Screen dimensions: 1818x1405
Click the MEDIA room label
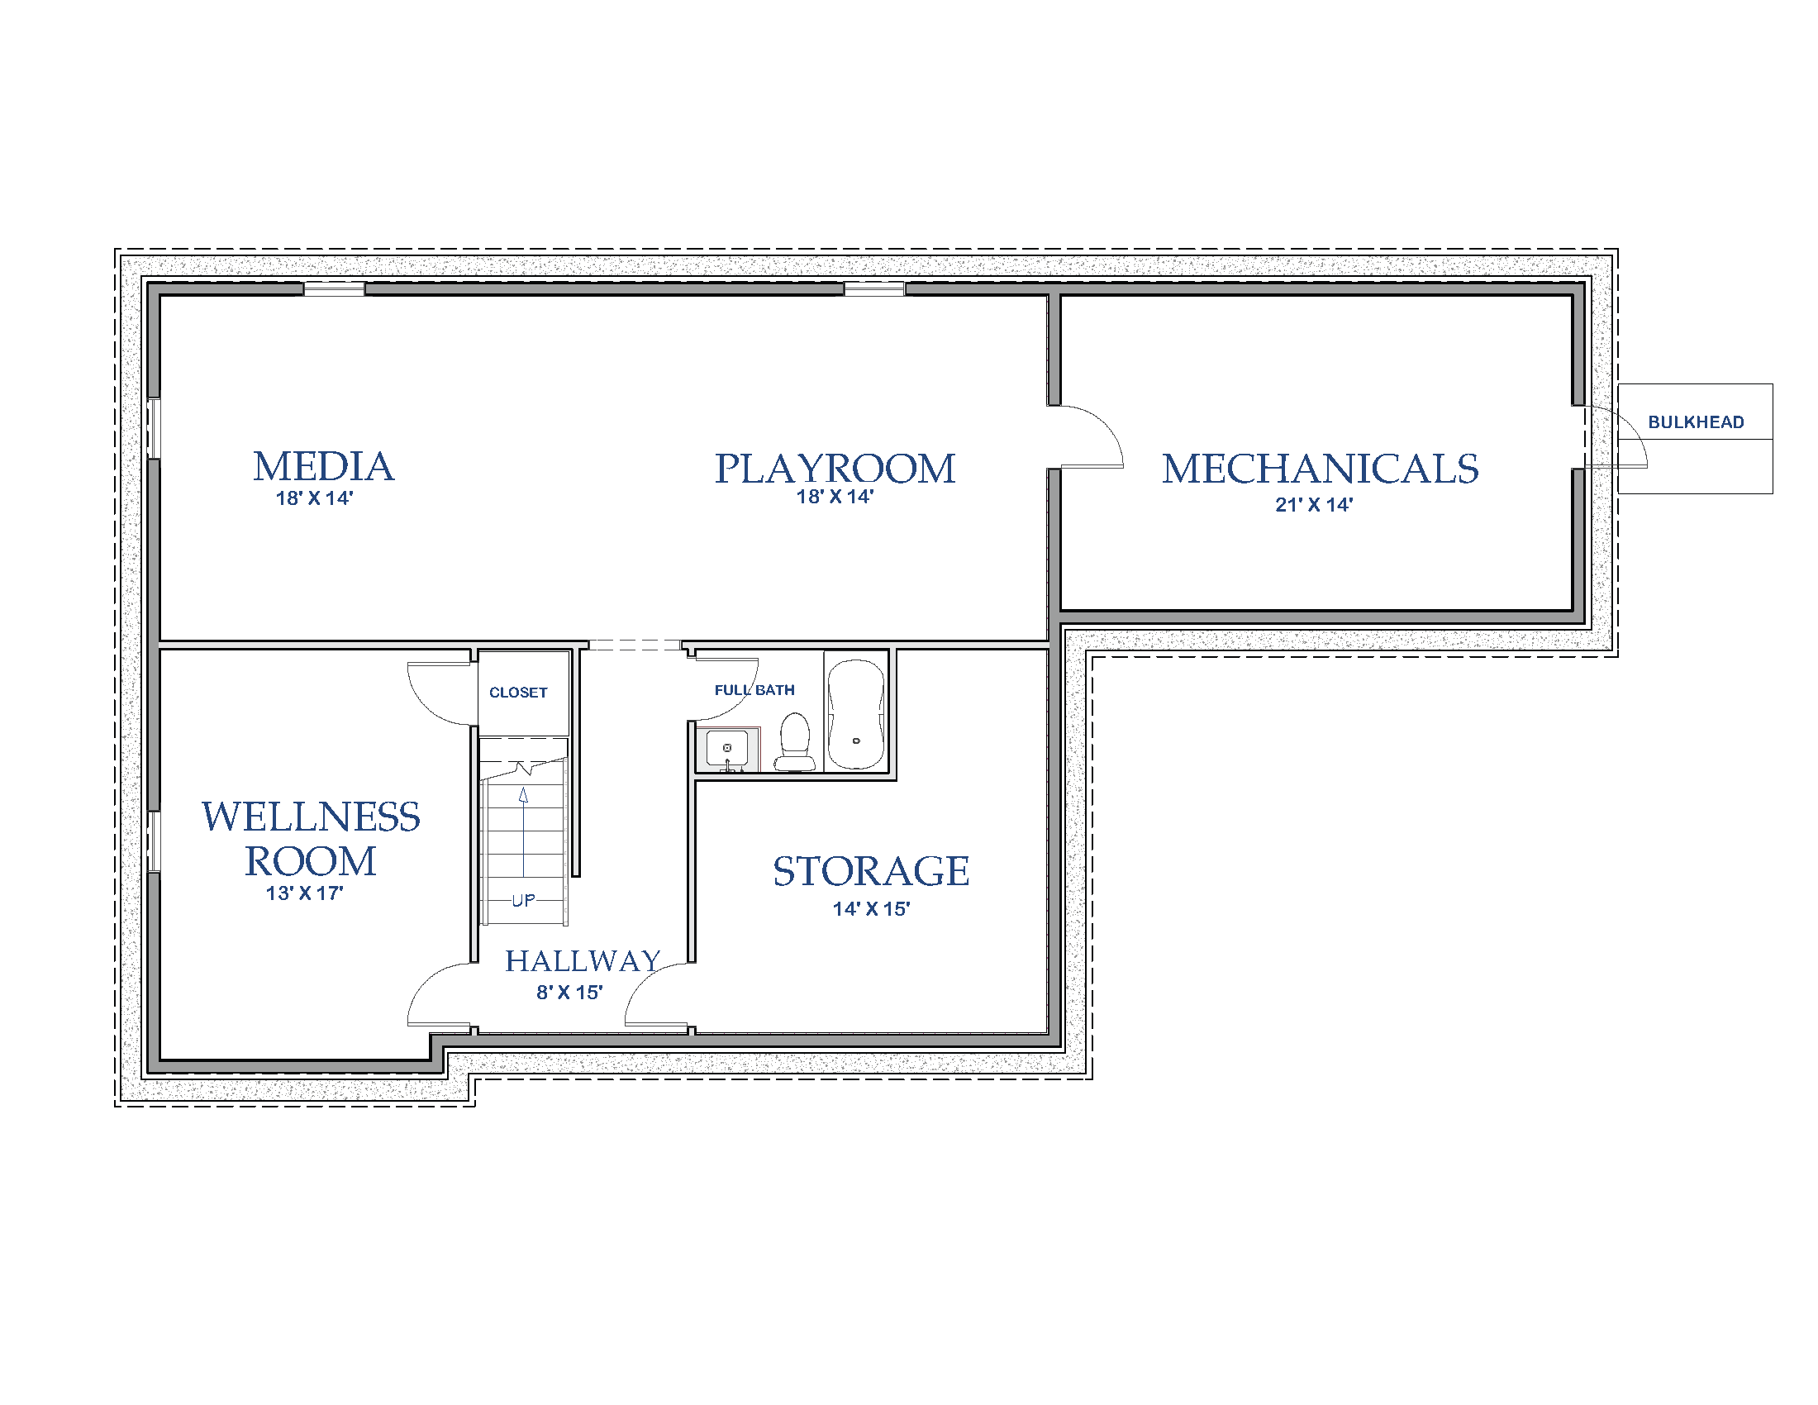(324, 466)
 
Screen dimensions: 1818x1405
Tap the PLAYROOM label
(835, 468)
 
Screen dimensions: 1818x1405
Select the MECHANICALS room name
(1321, 468)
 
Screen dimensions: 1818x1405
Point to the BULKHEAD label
(1696, 422)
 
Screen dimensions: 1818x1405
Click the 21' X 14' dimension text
(1314, 504)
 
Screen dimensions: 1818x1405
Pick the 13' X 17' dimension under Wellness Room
(305, 893)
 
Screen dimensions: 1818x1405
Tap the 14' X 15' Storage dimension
(872, 909)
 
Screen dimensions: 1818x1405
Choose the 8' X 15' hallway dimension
(569, 992)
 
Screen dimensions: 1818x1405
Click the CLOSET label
(518, 693)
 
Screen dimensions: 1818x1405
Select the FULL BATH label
(754, 690)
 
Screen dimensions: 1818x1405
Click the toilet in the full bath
(795, 742)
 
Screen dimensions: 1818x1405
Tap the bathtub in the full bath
(856, 714)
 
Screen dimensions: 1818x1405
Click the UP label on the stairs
(524, 901)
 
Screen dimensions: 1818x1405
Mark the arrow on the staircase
(524, 831)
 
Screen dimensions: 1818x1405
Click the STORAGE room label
(871, 871)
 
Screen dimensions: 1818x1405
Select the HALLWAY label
(583, 961)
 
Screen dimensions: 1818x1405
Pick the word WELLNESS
(311, 817)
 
